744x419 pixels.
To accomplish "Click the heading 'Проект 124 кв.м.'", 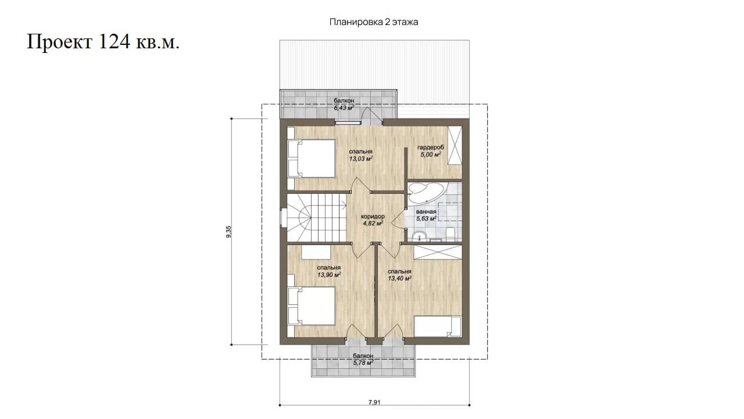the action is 103,42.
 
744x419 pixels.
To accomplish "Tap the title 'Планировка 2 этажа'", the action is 374,22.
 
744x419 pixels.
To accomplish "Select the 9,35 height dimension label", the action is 228,232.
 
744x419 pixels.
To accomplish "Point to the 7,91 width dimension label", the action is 374,402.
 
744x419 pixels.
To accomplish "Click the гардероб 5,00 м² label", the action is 431,151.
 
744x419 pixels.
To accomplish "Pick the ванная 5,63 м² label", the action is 426,215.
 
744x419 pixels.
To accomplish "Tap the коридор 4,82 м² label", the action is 373,220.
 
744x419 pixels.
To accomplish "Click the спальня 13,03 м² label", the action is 360,155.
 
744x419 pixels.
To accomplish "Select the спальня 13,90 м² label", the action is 329,271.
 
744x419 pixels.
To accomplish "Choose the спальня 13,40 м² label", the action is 399,275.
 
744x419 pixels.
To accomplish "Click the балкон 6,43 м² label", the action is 344,104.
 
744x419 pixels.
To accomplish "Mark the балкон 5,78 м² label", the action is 363,359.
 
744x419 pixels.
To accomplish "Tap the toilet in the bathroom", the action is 450,235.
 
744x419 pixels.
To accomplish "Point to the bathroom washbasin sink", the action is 420,236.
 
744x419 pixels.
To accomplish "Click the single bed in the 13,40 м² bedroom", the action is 438,326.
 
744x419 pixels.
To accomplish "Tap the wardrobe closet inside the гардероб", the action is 455,145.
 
